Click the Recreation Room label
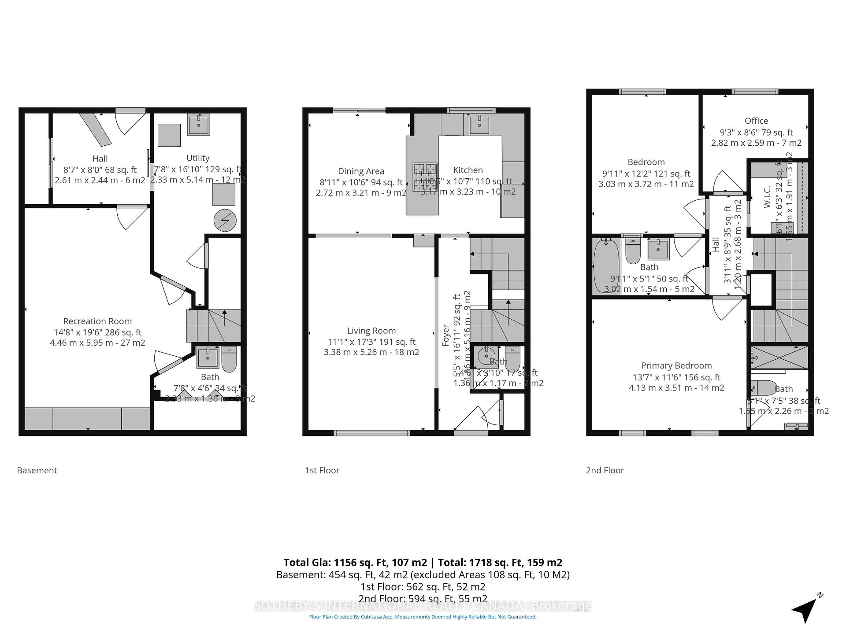(97, 321)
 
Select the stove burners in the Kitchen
(425, 177)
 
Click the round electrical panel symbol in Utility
(225, 220)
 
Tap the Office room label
(756, 121)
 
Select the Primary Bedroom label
(676, 365)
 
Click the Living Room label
(371, 331)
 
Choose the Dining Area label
(361, 171)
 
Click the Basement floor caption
(37, 470)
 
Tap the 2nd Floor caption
(605, 470)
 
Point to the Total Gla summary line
(423, 562)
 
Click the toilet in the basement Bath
(229, 359)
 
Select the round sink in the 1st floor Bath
(486, 356)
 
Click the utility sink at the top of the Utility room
(198, 124)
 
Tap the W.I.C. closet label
(767, 197)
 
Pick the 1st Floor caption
(322, 470)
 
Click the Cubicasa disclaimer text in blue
(423, 617)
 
